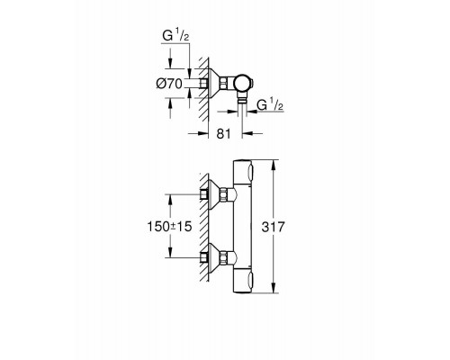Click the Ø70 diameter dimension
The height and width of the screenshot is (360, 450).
[170, 83]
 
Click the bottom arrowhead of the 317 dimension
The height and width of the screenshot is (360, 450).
[273, 293]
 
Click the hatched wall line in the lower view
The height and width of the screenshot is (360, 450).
[205, 225]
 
